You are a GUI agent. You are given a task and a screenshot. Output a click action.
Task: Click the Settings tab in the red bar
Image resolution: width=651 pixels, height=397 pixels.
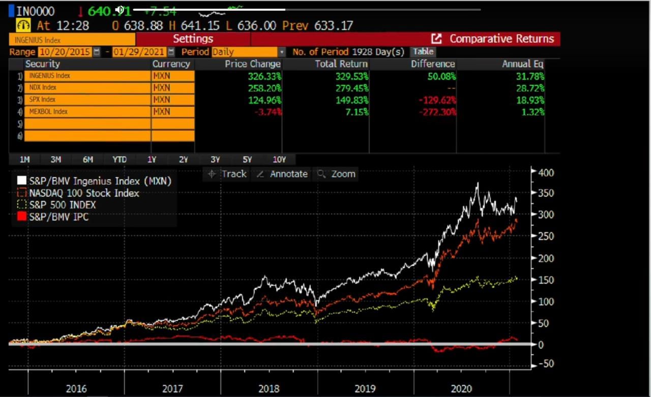193,39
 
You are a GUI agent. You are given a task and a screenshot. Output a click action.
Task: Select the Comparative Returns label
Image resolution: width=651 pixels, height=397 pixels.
501,39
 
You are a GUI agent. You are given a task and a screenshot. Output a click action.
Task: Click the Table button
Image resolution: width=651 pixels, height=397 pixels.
423,51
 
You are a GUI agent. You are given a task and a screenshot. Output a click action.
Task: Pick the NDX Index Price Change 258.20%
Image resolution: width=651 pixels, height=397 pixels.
264,88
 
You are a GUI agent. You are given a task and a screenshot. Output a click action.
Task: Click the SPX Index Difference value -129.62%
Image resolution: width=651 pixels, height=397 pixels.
437,100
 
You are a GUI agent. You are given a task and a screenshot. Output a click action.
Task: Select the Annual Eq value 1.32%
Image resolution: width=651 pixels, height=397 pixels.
533,112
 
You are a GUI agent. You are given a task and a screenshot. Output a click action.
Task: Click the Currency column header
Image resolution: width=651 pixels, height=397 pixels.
171,64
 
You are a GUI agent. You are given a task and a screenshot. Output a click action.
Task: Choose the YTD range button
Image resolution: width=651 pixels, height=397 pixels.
120,159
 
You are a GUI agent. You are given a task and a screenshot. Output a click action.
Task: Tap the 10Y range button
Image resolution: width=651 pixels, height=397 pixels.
279,159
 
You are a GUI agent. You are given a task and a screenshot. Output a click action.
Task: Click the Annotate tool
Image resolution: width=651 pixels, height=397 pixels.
282,174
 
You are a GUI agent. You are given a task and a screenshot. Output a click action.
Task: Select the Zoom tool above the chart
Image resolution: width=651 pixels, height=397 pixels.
337,174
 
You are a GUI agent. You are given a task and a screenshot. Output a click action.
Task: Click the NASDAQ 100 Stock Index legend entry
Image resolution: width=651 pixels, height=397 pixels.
84,193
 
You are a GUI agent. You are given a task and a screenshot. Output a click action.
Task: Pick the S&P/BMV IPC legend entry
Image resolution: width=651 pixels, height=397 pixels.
59,217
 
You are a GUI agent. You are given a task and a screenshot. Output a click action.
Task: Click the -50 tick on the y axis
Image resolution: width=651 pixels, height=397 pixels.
545,364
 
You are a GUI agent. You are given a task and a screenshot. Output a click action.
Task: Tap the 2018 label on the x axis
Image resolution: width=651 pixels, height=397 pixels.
269,389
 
